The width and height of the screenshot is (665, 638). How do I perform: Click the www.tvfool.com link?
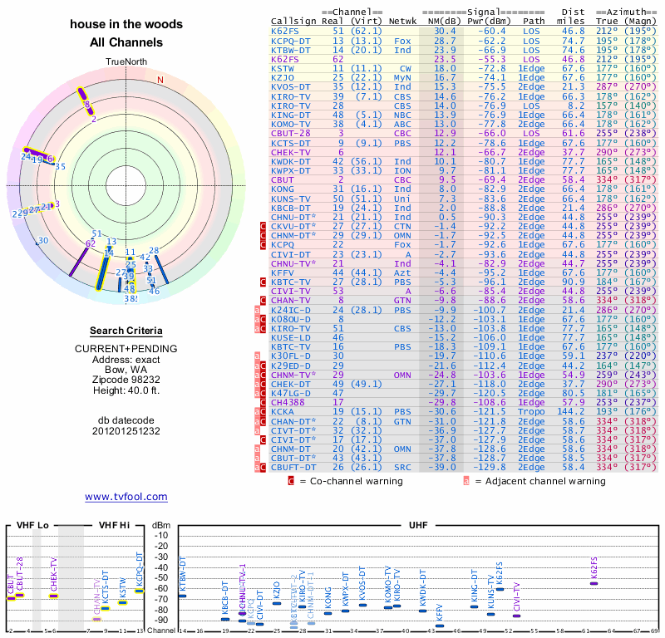[x=126, y=497]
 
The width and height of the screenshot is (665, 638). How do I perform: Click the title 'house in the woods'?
[x=126, y=25]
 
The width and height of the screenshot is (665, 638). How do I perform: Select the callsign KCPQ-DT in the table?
[x=291, y=40]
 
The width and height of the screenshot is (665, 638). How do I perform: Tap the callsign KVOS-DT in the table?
[x=291, y=86]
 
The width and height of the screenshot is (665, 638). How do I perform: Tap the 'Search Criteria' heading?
[x=126, y=331]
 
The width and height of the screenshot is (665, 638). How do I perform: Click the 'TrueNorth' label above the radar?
[x=126, y=62]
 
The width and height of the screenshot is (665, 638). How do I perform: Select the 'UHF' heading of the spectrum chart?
[x=419, y=525]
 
